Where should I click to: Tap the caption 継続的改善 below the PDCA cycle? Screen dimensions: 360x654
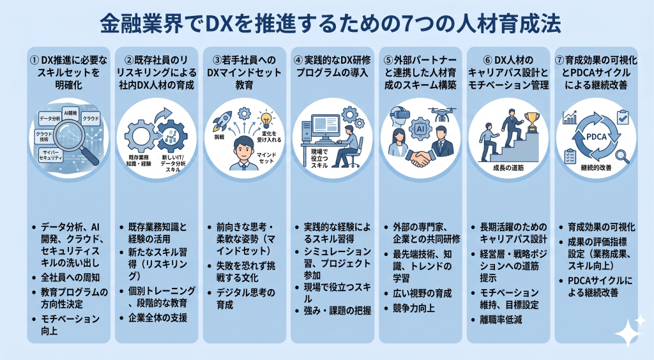point(595,168)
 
